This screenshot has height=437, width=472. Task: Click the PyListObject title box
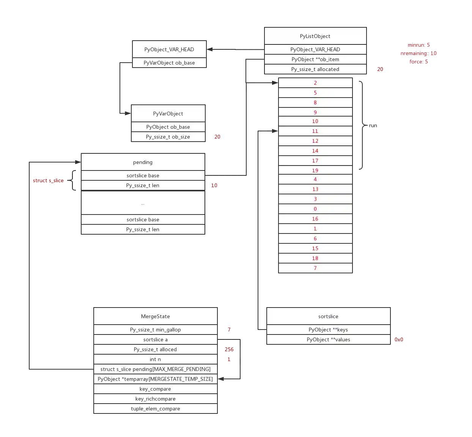tap(315, 36)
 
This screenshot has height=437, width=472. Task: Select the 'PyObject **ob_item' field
tap(315, 59)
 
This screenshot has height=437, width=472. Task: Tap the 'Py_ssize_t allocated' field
tap(315, 69)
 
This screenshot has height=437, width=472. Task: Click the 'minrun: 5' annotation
tap(419, 45)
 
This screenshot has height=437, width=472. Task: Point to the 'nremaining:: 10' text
tap(418, 53)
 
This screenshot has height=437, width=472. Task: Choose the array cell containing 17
tap(315, 161)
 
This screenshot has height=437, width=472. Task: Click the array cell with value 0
tap(315, 209)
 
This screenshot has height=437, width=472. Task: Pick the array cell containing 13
tap(315, 189)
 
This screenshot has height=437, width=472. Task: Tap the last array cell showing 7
tap(315, 268)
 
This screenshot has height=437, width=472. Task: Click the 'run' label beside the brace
tap(373, 126)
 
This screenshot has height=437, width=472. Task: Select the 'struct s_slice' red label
tap(48, 181)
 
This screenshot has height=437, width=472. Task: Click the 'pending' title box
tap(143, 162)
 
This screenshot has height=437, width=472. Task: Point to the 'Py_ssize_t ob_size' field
tap(168, 137)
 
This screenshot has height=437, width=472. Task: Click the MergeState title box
tap(156, 316)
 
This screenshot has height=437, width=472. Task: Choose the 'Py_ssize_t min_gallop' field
tap(156, 330)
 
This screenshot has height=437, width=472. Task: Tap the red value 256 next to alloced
tap(229, 349)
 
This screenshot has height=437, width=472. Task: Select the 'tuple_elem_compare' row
tap(156, 409)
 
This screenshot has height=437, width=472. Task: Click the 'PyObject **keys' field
tap(328, 330)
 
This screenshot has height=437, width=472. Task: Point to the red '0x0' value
tap(399, 339)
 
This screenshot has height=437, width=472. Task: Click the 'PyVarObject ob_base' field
tap(169, 63)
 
